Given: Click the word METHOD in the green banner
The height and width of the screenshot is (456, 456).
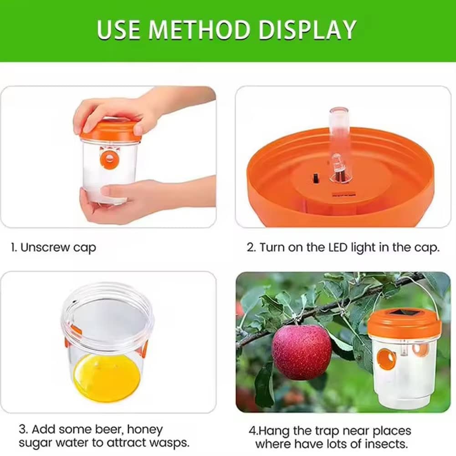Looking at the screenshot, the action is click(x=200, y=30).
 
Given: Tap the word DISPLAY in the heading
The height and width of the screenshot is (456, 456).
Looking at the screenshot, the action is click(x=307, y=30).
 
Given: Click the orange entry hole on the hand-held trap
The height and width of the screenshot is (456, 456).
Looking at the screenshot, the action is click(x=109, y=158).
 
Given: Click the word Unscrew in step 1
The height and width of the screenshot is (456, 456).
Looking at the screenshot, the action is click(x=45, y=247).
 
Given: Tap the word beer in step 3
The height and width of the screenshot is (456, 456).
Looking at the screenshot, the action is click(x=110, y=429).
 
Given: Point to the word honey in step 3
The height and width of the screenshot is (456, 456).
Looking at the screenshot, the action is click(x=145, y=430).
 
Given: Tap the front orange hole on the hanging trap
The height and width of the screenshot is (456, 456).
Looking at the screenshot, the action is click(x=386, y=359).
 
